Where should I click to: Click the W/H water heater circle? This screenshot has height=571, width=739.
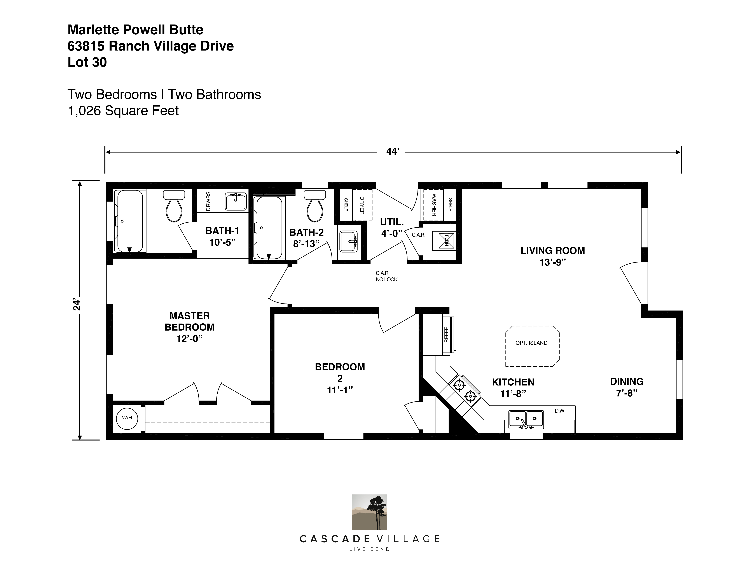pos(127,418)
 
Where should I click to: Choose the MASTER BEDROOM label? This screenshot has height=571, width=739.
pos(189,322)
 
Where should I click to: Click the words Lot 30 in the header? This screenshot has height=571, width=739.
pos(87,62)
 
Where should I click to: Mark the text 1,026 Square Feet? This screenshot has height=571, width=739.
pos(123,111)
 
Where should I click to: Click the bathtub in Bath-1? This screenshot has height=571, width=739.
pos(129,221)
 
